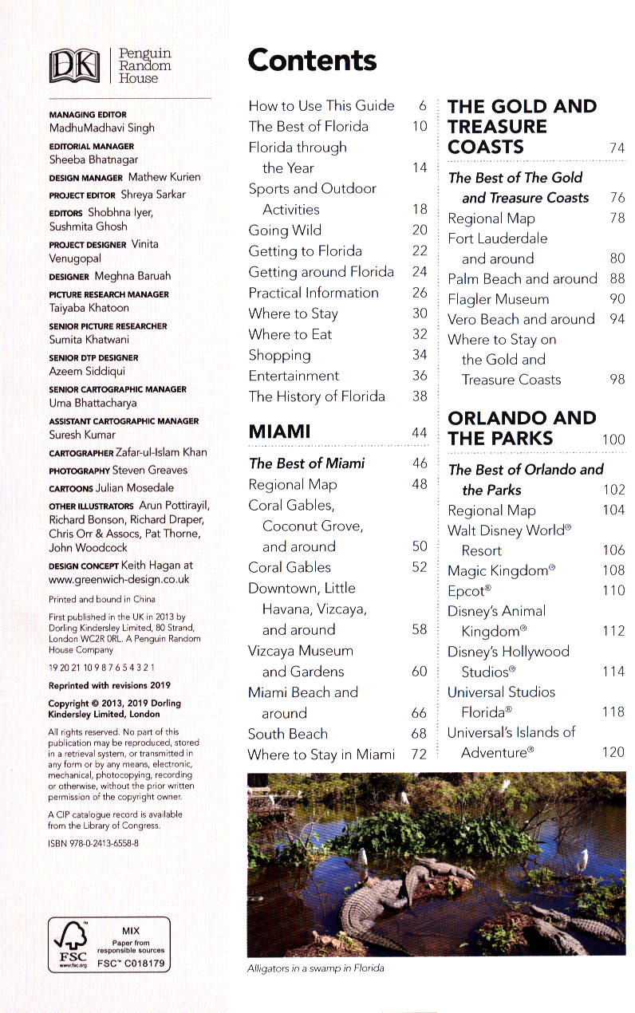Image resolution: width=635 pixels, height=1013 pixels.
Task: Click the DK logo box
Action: tap(73, 66)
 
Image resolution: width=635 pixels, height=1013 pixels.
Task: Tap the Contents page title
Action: tap(312, 61)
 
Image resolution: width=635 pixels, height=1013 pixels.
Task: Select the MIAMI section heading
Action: tap(279, 432)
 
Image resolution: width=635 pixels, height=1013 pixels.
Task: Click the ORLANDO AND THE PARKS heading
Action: tap(522, 428)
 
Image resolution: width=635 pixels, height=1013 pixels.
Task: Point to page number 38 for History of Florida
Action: tap(420, 396)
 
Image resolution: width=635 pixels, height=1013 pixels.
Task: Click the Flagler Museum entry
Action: tap(498, 299)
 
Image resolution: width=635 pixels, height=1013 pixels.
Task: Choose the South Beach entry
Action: tap(287, 734)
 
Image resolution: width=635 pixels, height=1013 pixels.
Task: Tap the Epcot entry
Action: tap(469, 591)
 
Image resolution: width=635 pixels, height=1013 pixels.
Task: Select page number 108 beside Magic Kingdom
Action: tap(613, 570)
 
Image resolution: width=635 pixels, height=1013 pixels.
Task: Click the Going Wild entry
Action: tap(285, 231)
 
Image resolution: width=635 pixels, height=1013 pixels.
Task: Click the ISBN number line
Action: tap(93, 842)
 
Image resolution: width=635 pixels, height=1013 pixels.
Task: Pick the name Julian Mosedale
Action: tap(134, 487)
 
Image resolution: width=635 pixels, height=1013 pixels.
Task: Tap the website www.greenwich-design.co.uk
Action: tap(119, 579)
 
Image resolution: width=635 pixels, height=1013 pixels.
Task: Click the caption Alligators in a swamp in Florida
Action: tap(315, 968)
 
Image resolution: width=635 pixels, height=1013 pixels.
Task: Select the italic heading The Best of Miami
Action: tap(306, 463)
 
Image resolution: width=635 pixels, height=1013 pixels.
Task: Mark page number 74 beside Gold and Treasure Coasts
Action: tap(617, 148)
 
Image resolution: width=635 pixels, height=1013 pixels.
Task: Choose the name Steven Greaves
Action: tap(150, 470)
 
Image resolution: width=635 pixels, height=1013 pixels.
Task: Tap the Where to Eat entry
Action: tap(290, 334)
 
